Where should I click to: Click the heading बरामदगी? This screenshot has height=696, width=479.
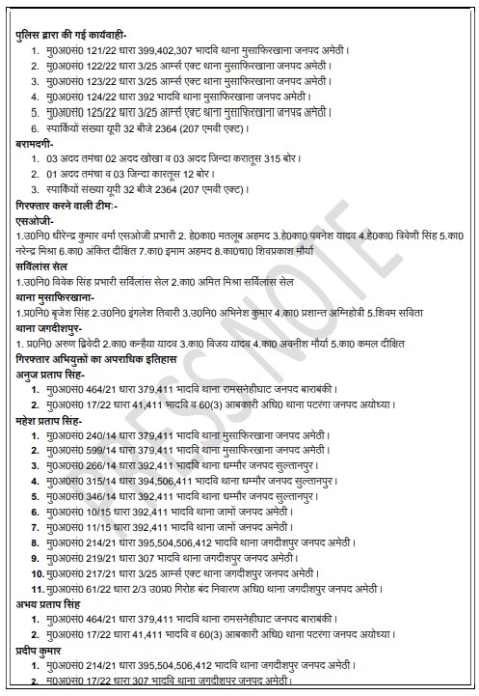(38, 143)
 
